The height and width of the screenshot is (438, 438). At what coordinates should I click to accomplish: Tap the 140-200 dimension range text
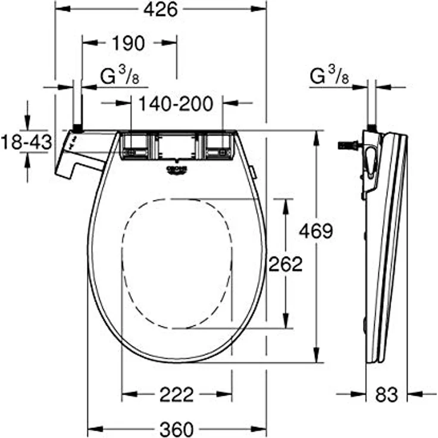(176, 103)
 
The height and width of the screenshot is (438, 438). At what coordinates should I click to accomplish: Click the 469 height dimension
(315, 231)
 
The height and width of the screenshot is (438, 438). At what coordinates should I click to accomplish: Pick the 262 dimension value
(286, 264)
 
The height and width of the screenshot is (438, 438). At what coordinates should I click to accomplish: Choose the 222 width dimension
(177, 394)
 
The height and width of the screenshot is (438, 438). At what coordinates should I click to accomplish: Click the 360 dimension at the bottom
(177, 428)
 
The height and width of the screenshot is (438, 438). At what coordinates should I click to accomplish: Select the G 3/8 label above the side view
(329, 76)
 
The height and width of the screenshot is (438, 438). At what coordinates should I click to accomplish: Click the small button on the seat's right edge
(254, 173)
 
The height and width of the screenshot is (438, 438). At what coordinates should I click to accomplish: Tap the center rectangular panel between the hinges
(176, 146)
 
